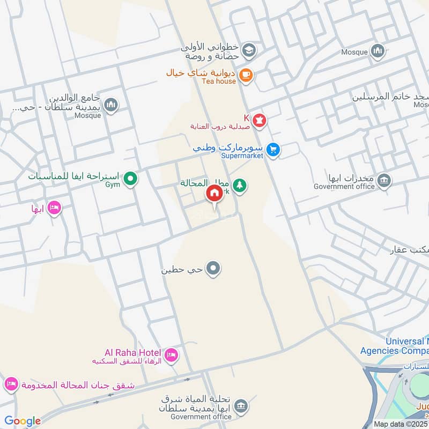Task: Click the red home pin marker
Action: [214, 193]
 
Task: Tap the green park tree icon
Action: [239, 186]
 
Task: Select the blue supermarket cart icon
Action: [273, 150]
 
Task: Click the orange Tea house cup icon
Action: [246, 75]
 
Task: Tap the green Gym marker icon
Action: [129, 179]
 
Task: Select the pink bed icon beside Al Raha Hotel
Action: [172, 354]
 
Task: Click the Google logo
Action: [23, 421]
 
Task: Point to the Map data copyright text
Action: [401, 424]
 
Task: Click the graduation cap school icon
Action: [248, 51]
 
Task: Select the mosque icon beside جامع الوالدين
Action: [112, 105]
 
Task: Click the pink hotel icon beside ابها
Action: [54, 207]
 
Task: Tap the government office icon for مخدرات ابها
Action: [384, 180]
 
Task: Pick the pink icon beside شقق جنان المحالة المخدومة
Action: [11, 384]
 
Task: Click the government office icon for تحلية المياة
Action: [241, 405]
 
